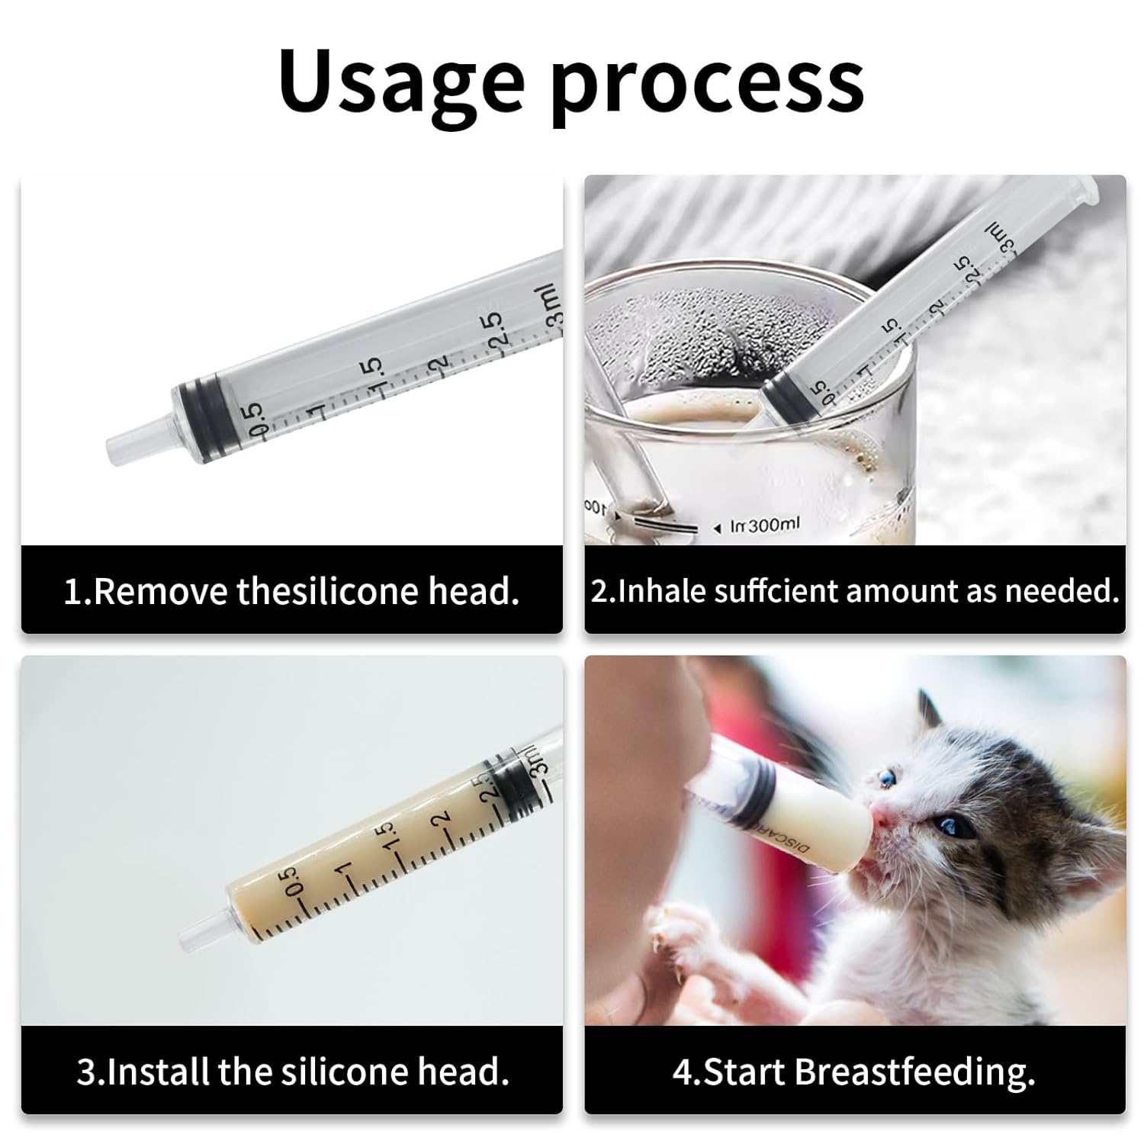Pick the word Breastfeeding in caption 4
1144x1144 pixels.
pyautogui.click(x=914, y=1072)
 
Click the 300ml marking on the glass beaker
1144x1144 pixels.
pyautogui.click(x=773, y=525)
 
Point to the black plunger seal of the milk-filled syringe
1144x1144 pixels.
pyautogui.click(x=512, y=780)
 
